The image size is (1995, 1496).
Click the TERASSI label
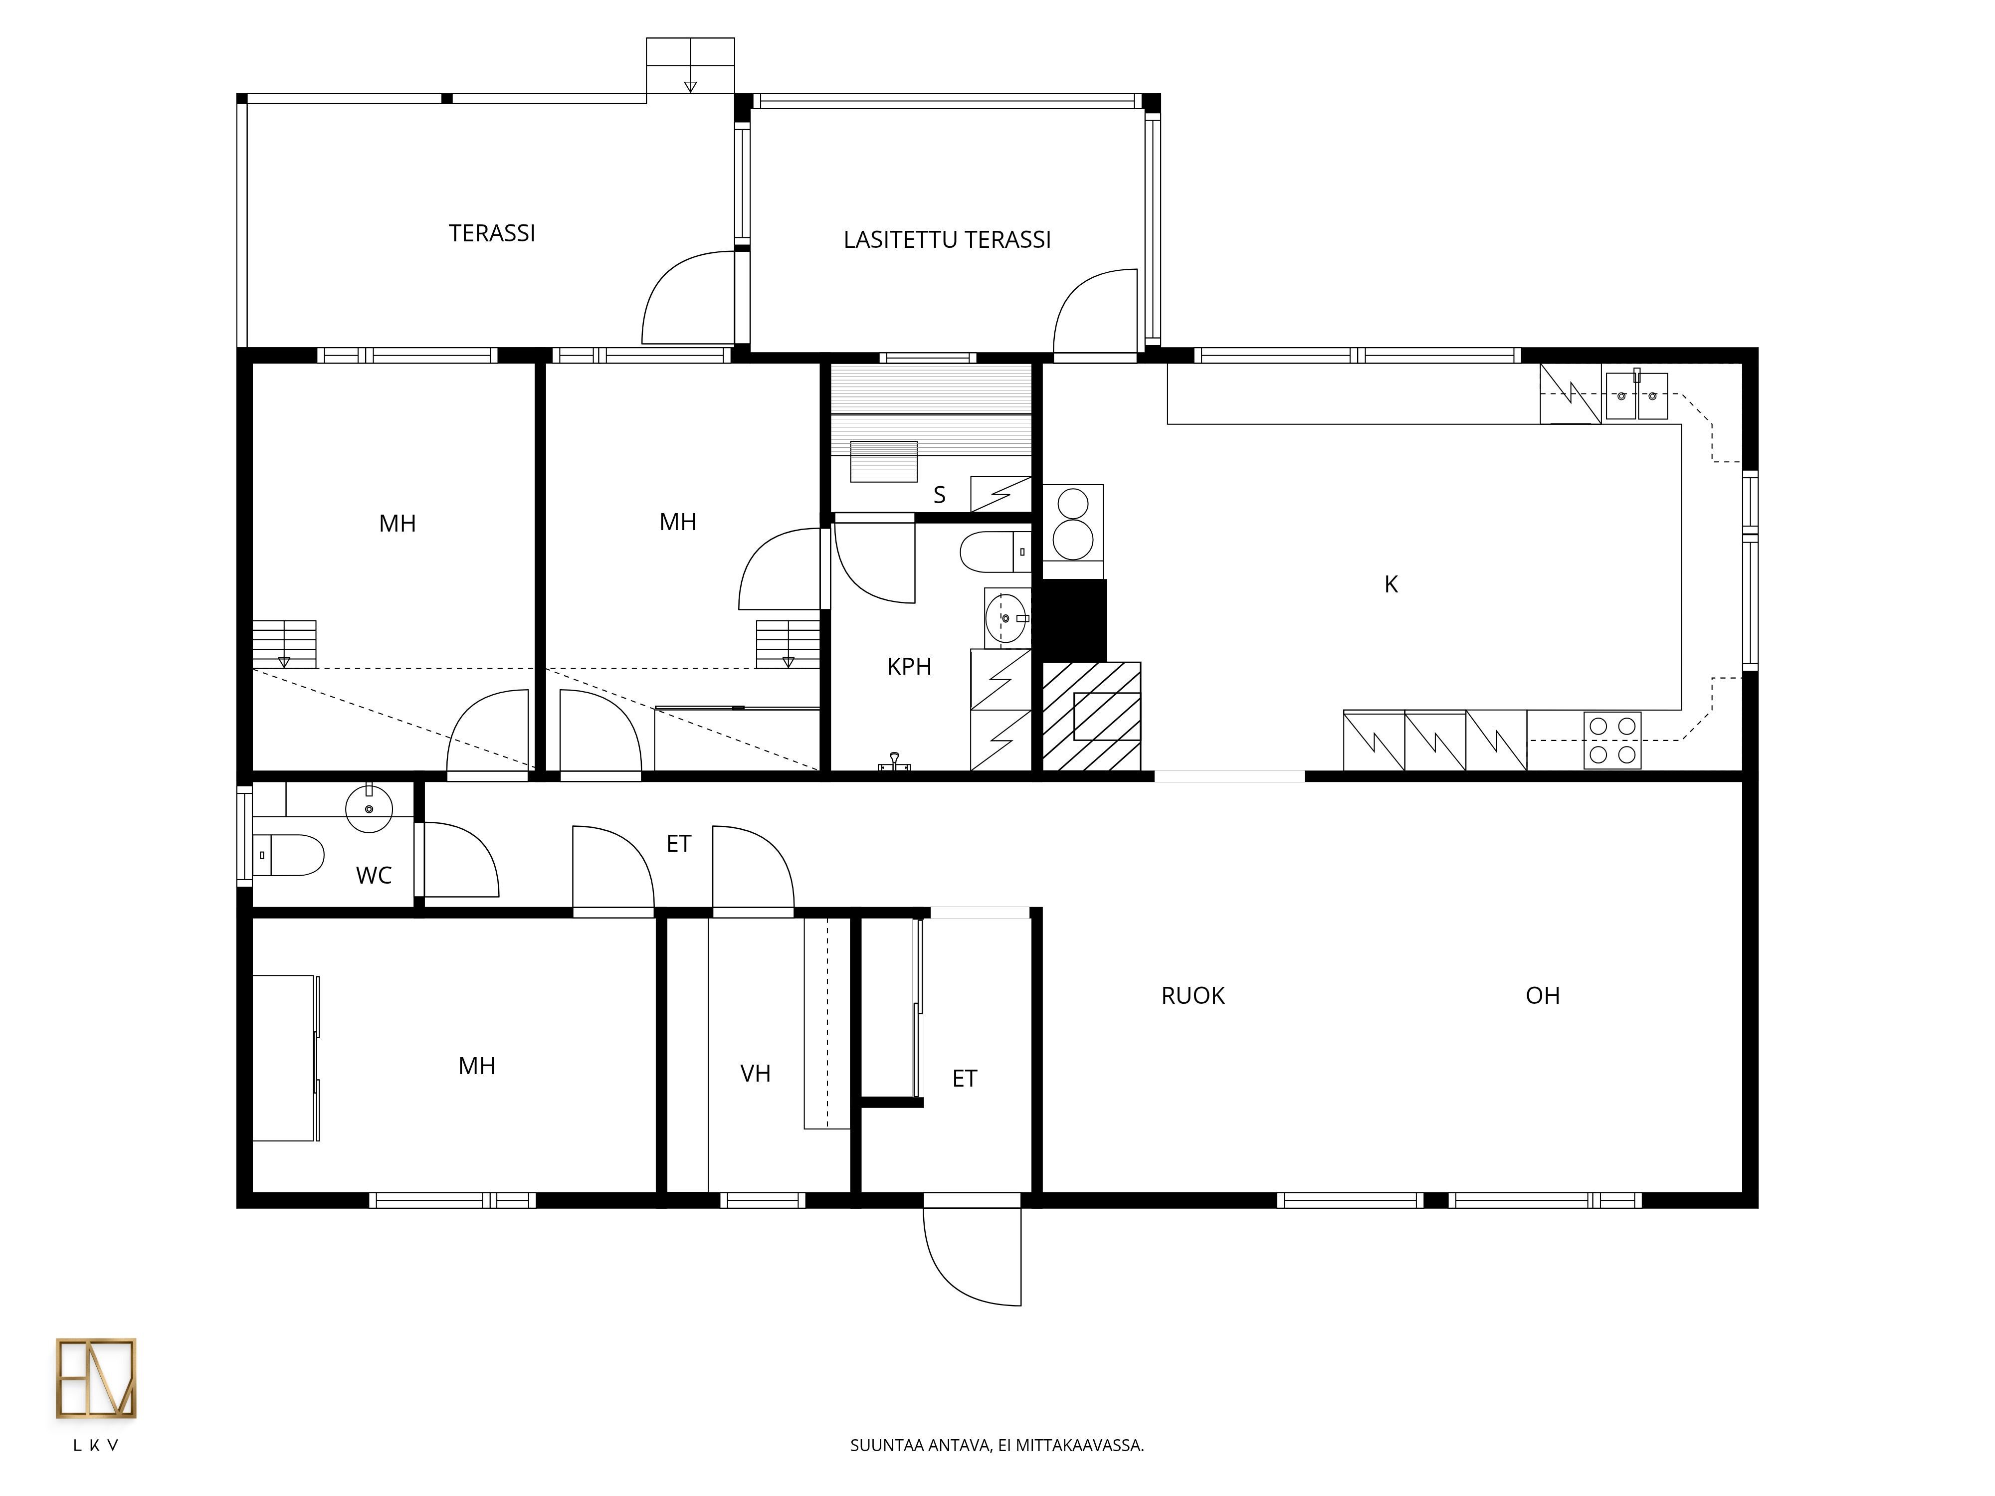492,233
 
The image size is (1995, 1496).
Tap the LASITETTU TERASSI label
947,240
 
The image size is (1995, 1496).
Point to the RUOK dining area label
1193,995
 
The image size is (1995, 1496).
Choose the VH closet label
755,1073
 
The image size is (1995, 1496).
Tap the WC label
374,875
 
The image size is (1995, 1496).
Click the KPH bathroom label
909,666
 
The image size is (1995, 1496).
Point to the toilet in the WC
289,855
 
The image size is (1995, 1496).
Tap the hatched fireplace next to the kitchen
1091,717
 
